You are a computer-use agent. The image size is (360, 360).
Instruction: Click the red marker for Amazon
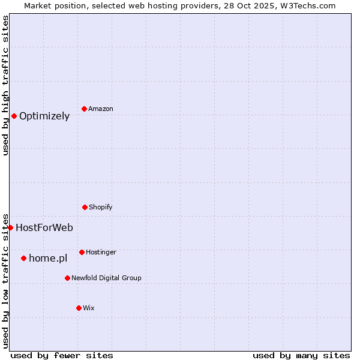[x=84, y=109]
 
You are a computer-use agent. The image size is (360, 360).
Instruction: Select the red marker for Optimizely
[x=14, y=116]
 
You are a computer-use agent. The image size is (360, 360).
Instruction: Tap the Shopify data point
[x=85, y=207]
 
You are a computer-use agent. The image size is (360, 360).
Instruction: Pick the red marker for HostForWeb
[x=10, y=227]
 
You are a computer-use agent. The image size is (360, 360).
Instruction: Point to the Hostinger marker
[x=82, y=252]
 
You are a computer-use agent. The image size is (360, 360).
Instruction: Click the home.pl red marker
[x=23, y=258]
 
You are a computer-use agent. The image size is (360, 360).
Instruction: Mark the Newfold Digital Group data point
[x=67, y=278]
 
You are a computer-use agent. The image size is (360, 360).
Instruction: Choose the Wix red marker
[x=79, y=308]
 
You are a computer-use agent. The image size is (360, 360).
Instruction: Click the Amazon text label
[x=101, y=109]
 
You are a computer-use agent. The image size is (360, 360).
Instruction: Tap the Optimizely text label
[x=44, y=116]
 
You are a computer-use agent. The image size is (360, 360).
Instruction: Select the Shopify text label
[x=101, y=207]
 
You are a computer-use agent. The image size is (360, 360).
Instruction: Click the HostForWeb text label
[x=44, y=228]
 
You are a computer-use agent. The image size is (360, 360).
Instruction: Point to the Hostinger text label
[x=101, y=252]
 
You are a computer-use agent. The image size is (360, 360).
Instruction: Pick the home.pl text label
[x=48, y=259]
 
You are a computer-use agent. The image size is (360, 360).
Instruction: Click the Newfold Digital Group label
[x=106, y=278]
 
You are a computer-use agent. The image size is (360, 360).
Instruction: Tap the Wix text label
[x=89, y=308]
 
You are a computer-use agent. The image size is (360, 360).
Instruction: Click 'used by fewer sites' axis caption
[x=62, y=355]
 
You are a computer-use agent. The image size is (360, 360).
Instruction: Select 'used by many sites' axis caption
[x=301, y=355]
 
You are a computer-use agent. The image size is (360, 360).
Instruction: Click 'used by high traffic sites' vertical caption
[x=5, y=85]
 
